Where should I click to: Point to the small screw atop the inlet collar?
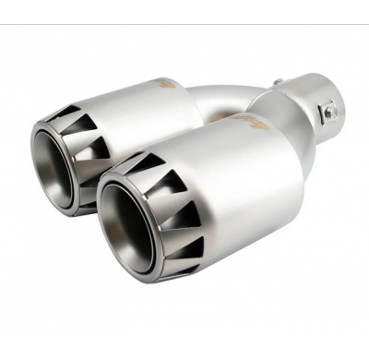point(276,82)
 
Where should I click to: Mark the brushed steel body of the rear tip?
point(138,115)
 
